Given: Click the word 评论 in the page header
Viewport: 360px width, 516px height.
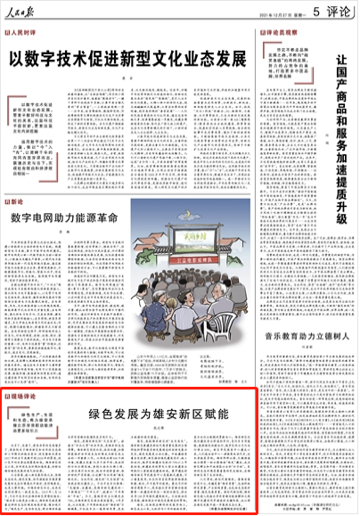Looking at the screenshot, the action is coord(339,13).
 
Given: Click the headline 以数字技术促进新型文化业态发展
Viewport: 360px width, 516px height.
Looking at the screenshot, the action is coord(127,61).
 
